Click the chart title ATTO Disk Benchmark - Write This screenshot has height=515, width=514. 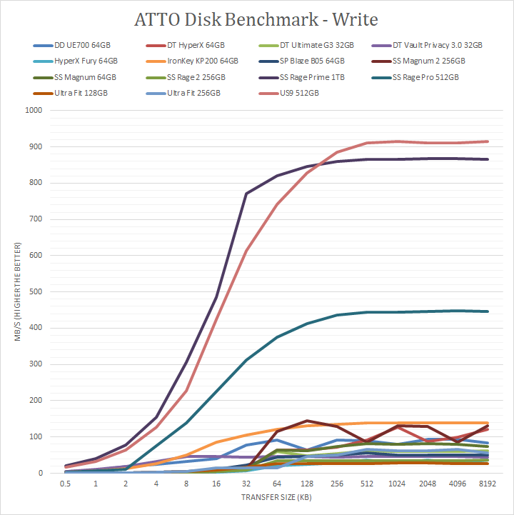tap(257, 17)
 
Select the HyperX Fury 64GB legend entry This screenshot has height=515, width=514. tap(83, 61)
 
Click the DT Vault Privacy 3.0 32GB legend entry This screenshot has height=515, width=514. tap(435, 45)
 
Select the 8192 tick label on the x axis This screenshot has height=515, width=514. tap(487, 484)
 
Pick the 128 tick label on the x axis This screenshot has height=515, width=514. tap(307, 484)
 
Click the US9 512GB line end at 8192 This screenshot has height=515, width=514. tap(487, 141)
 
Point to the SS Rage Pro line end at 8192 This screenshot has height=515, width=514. tap(487, 311)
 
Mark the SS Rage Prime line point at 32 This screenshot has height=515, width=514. tap(247, 194)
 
